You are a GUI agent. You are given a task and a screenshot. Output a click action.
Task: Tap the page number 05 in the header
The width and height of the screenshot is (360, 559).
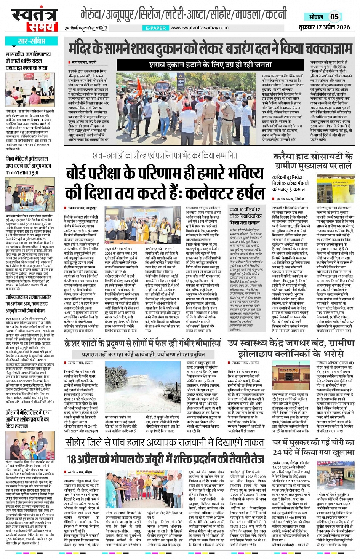[334, 17]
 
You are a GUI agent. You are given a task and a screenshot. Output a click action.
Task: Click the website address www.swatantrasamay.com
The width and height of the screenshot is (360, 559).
[199, 28]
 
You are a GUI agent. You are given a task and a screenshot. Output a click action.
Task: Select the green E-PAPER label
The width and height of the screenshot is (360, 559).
[155, 28]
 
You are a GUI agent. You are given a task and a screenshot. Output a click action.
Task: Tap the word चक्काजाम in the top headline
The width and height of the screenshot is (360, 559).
[327, 49]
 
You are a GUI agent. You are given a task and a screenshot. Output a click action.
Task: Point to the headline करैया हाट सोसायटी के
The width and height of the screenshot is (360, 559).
[312, 157]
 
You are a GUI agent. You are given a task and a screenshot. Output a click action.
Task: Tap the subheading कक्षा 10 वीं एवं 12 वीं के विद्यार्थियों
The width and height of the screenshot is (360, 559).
[245, 216]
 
